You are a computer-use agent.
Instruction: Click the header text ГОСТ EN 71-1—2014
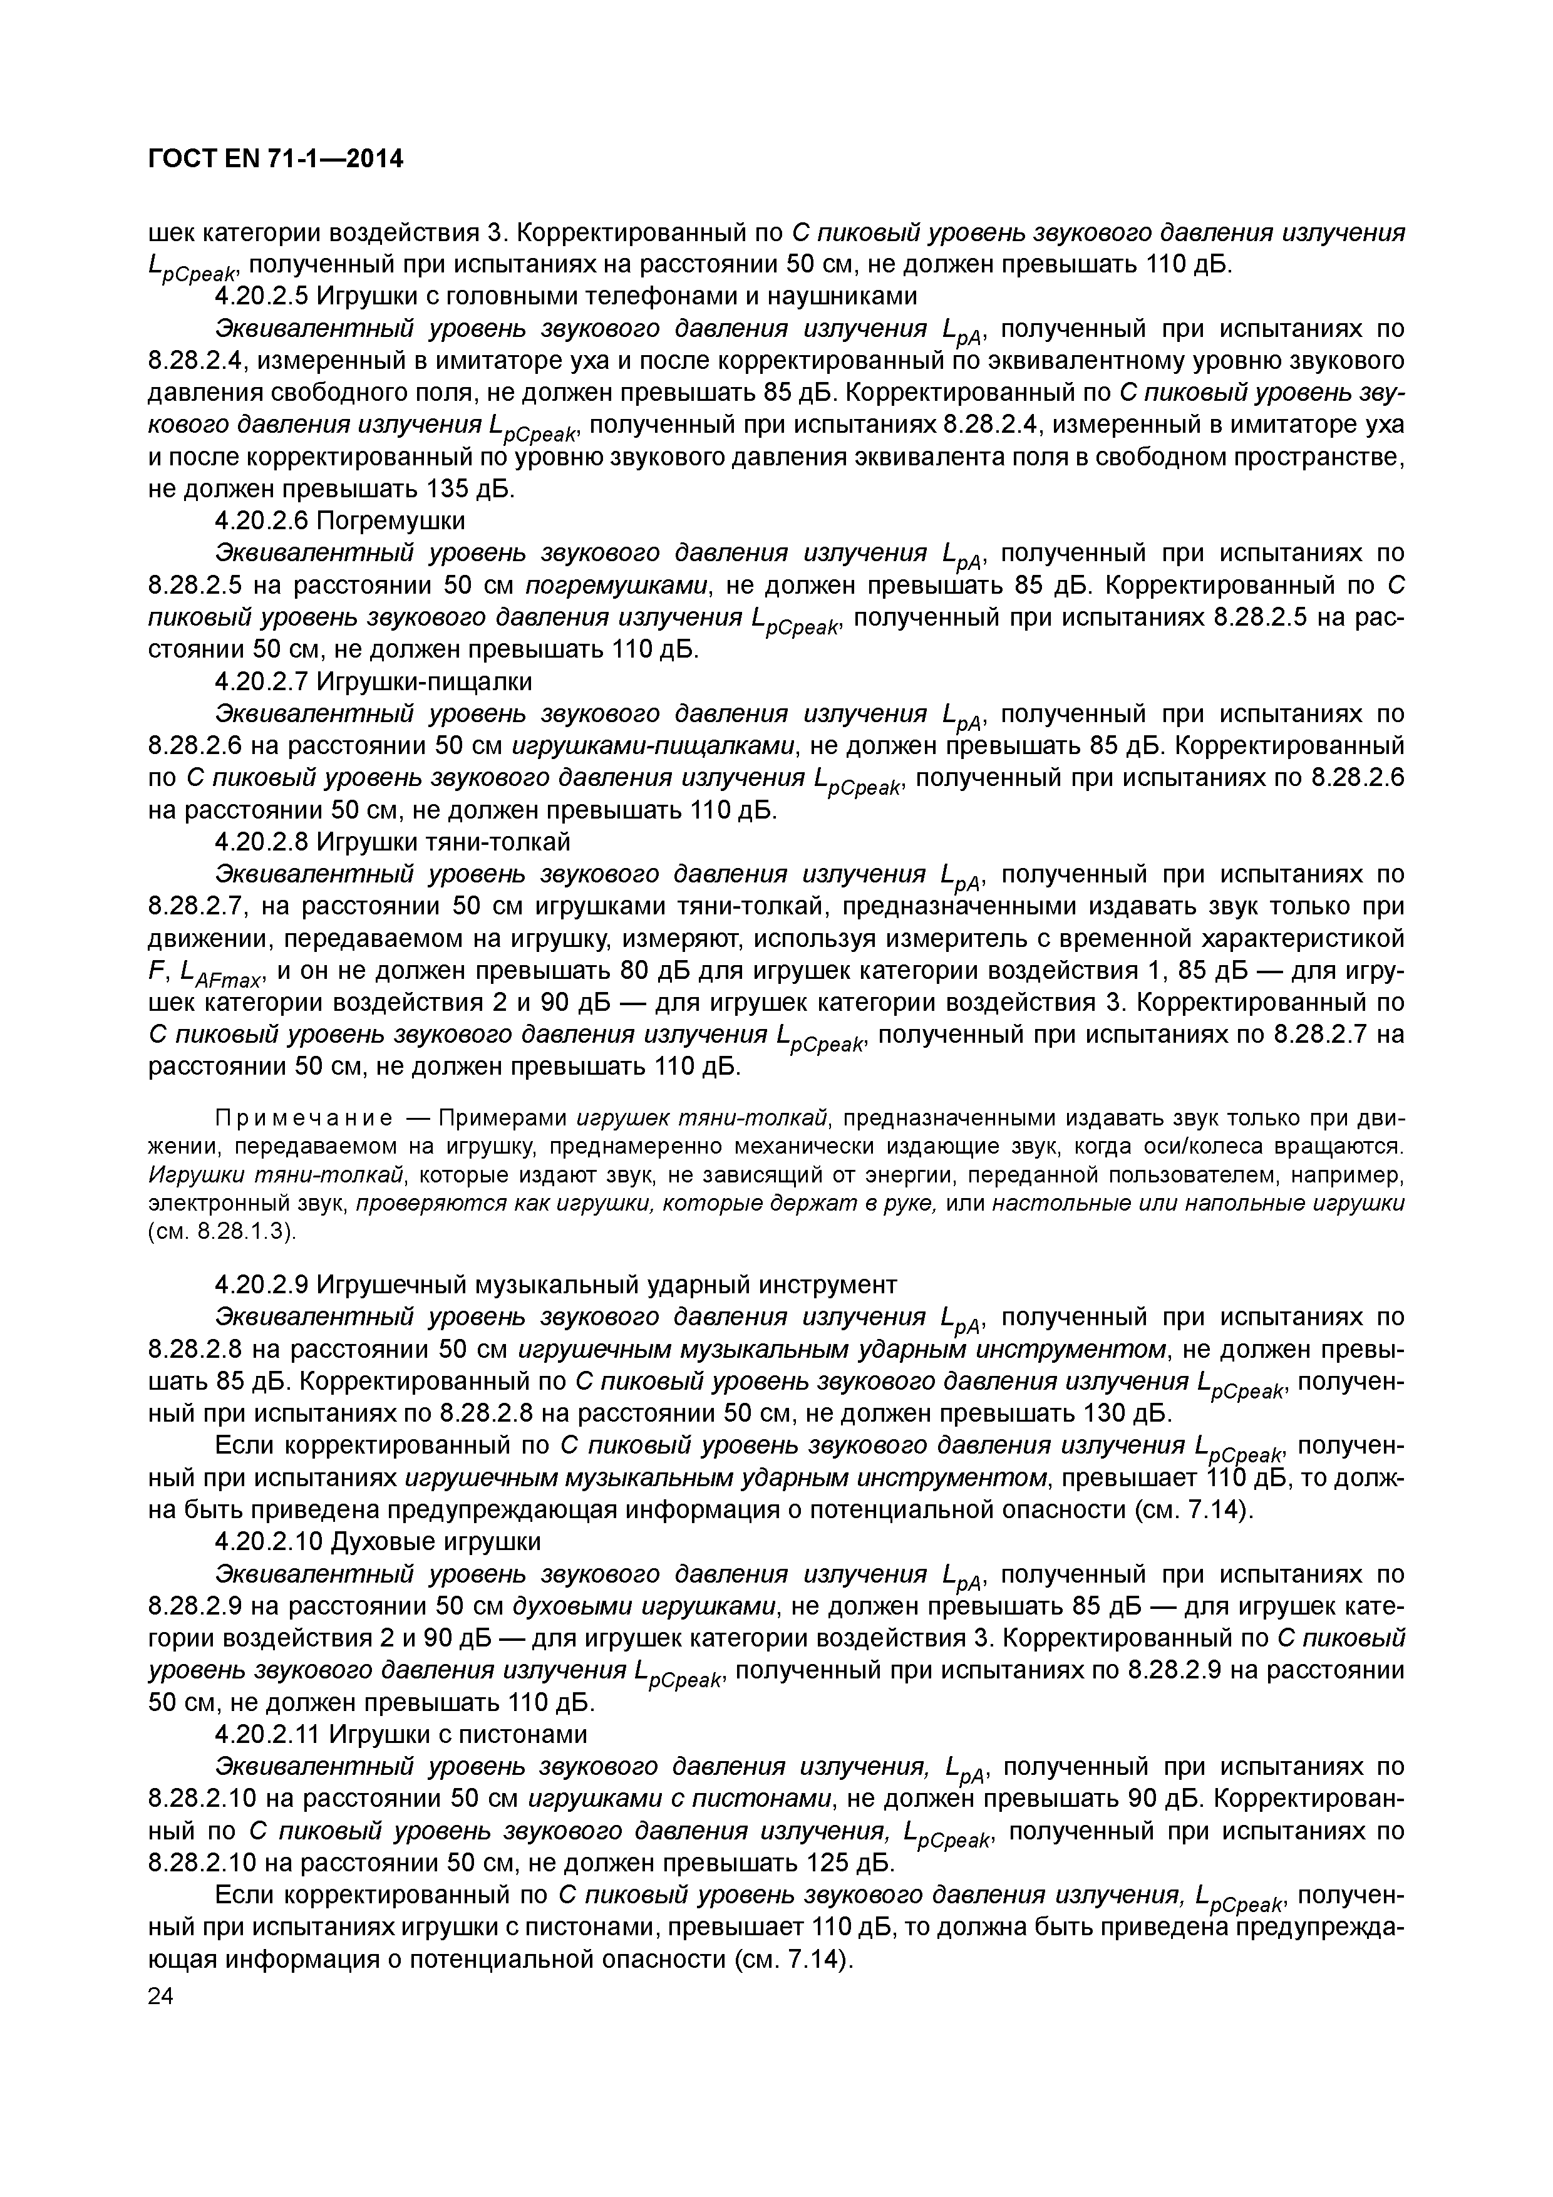pos(276,160)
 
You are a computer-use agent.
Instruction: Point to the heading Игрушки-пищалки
pos(424,681)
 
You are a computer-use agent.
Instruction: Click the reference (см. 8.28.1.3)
pos(223,1231)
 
